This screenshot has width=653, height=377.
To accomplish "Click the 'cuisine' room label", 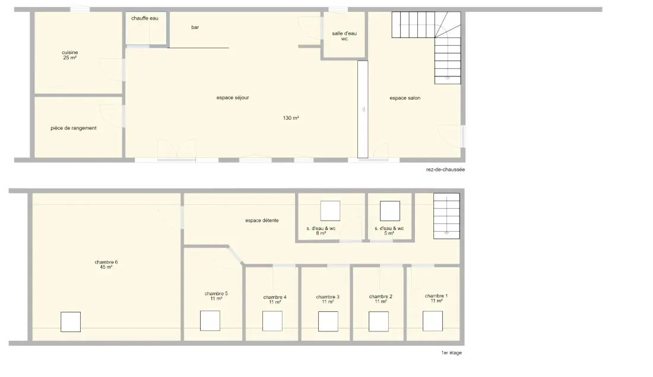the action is tap(70, 52).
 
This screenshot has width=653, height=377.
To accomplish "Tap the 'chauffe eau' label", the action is tap(144, 18).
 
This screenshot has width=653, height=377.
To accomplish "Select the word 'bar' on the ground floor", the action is tap(195, 27).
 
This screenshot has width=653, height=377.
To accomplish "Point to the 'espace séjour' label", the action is tap(233, 98).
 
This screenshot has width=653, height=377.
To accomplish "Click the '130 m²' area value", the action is tap(291, 118).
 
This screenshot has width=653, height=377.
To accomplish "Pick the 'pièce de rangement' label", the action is tap(74, 128).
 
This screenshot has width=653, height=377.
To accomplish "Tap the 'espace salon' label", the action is tap(405, 98).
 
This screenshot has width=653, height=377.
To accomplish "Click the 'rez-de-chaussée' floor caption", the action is tap(445, 170).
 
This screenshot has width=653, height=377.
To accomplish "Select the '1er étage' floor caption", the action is tap(451, 353).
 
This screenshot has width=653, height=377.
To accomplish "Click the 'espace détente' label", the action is tap(262, 221).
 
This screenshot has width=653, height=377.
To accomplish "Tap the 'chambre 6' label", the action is tap(106, 262).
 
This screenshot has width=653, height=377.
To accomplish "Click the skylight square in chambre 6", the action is tap(71, 322).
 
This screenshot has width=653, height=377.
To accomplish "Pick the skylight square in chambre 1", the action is tap(433, 321).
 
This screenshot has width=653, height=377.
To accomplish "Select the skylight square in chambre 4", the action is tap(272, 321).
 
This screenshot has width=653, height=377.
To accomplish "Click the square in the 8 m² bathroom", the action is tap(330, 211).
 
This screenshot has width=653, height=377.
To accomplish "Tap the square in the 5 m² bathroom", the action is tap(390, 211).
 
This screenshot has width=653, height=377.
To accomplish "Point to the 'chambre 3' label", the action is tap(328, 297).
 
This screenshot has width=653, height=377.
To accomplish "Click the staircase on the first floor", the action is tap(446, 216).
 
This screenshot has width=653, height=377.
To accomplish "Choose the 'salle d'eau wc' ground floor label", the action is tap(344, 36).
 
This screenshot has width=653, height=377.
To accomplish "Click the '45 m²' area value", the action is tap(106, 267).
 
